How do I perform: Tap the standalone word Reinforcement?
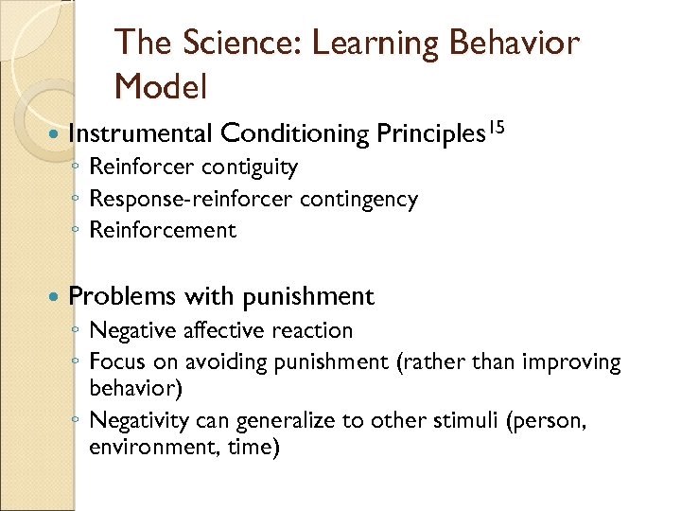click(x=162, y=230)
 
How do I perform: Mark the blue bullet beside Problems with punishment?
click(x=52, y=297)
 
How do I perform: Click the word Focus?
click(x=113, y=361)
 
